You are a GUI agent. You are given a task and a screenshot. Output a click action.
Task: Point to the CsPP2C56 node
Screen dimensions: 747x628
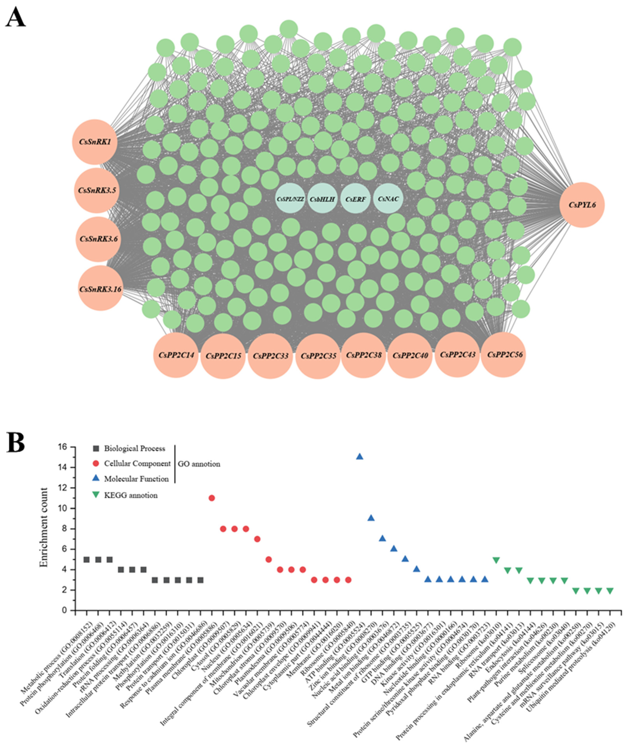click(x=503, y=355)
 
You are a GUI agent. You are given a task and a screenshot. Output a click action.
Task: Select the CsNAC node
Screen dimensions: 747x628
click(x=388, y=199)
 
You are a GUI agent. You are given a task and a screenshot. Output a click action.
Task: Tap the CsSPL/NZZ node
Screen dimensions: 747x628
click(x=290, y=199)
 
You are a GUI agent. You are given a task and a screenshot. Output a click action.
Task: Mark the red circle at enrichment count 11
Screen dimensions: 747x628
click(x=211, y=498)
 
